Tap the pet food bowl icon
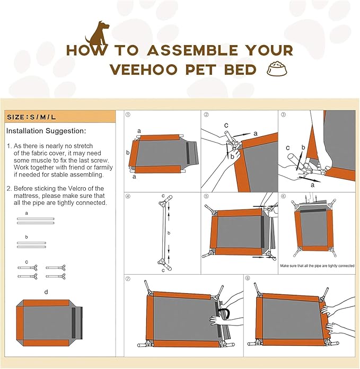tap(276, 69)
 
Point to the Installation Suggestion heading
tap(46, 130)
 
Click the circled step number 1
tap(128, 115)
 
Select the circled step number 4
tap(128, 196)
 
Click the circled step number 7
tap(128, 278)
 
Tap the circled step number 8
tap(248, 278)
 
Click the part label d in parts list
tap(46, 291)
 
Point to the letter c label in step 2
tap(226, 125)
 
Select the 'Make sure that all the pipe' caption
tap(317, 266)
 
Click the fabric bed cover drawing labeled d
tap(49, 319)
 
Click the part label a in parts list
tap(27, 213)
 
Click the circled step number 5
tap(206, 196)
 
